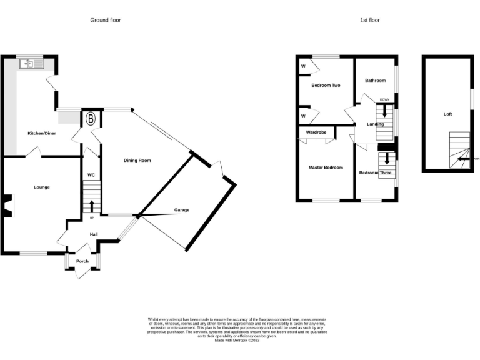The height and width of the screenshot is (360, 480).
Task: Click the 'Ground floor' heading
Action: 106,21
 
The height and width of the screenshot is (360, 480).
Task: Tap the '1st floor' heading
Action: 369,21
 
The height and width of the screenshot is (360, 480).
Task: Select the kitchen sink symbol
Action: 31,63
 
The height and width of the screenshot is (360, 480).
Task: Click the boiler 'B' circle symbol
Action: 91,118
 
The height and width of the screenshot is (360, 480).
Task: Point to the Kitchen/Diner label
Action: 41,134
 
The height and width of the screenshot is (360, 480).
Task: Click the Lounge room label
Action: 42,187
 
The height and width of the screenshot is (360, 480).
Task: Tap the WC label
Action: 91,175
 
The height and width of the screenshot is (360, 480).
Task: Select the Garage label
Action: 182,210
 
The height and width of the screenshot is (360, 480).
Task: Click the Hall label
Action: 93,234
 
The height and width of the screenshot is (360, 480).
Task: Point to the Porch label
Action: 82,261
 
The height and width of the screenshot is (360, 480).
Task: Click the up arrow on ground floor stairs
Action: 92,206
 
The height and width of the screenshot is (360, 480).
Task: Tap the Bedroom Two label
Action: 326,86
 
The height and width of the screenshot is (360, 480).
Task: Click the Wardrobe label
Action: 316,132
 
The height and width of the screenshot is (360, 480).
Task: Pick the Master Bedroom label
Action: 326,167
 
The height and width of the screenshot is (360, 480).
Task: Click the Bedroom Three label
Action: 375,172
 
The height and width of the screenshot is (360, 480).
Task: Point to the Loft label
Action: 447,114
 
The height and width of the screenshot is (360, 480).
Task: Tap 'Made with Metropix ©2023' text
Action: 237,340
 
